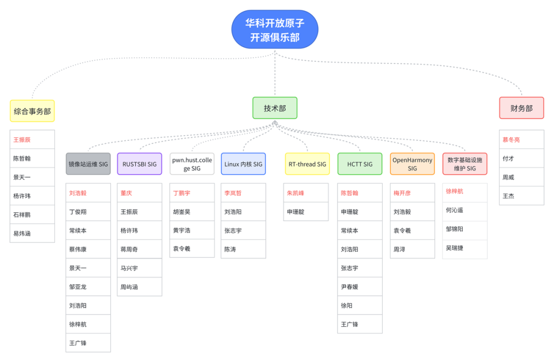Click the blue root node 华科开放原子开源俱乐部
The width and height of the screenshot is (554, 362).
274,30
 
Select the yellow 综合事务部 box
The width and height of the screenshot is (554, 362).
32,111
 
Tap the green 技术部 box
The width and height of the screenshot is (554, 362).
274,108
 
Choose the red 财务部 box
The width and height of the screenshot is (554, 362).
521,108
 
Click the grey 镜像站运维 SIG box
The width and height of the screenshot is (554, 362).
88,164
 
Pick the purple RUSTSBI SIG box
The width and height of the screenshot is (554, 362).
140,164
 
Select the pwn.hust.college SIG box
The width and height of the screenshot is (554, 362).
192,164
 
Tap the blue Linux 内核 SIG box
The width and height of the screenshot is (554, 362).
243,164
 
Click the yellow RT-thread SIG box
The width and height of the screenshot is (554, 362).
307,164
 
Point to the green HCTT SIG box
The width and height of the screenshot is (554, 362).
360,164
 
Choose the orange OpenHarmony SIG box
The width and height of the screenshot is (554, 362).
412,164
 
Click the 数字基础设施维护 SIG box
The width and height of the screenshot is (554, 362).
465,164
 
